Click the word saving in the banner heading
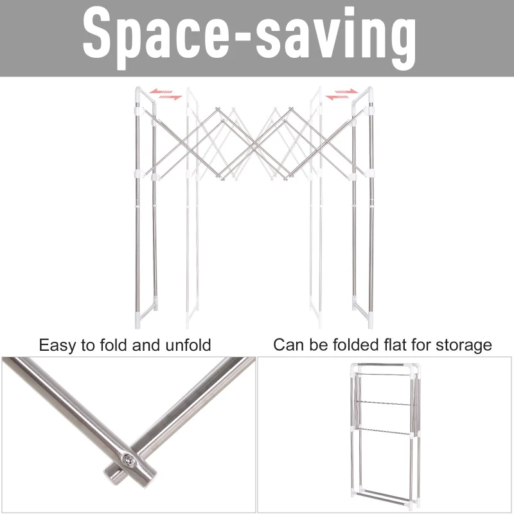click(336, 39)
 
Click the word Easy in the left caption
click(58, 346)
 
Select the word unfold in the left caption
click(188, 345)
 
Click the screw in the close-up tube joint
click(129, 461)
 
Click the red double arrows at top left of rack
click(166, 94)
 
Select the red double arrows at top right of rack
click(342, 94)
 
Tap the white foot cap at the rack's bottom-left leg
click(139, 320)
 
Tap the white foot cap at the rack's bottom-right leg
click(370, 320)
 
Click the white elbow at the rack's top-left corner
click(144, 95)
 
